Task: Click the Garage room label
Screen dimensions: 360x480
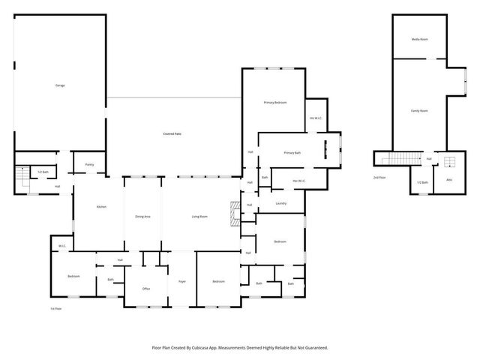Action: click(x=60, y=85)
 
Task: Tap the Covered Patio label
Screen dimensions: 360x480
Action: click(x=172, y=133)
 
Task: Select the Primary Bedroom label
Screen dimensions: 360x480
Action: click(x=274, y=102)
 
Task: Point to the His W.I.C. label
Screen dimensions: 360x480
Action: click(x=316, y=118)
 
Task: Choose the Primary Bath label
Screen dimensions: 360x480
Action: click(x=292, y=153)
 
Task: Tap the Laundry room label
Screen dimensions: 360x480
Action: click(x=281, y=202)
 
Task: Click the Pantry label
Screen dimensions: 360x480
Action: click(x=89, y=164)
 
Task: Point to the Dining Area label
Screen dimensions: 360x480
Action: click(x=142, y=217)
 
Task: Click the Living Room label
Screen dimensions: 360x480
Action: click(x=199, y=217)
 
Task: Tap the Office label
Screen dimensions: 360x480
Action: click(x=146, y=289)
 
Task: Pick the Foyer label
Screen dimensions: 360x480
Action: click(x=181, y=281)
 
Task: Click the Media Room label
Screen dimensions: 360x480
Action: click(x=419, y=39)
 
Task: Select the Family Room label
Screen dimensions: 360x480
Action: click(x=419, y=111)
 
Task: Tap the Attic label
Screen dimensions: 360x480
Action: click(x=449, y=181)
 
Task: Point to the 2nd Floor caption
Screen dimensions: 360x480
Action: click(x=379, y=178)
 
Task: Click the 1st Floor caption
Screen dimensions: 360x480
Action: click(x=55, y=308)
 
